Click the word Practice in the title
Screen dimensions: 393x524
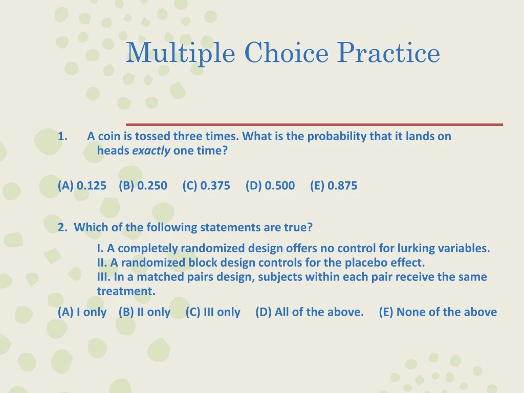pyautogui.click(x=388, y=53)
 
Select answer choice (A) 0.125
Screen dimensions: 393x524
pyautogui.click(x=82, y=186)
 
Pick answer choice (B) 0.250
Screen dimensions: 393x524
pyautogui.click(x=143, y=186)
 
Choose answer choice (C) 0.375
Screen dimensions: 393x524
pyautogui.click(x=206, y=186)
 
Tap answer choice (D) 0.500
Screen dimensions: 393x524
pyautogui.click(x=270, y=186)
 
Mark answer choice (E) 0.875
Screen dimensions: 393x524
pyautogui.click(x=334, y=186)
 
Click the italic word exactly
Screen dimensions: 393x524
pyautogui.click(x=151, y=151)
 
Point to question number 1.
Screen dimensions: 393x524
pyautogui.click(x=62, y=137)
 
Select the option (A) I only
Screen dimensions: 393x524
pyautogui.click(x=82, y=312)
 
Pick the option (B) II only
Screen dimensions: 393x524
pyautogui.click(x=144, y=312)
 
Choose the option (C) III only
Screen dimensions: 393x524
pyautogui.click(x=213, y=312)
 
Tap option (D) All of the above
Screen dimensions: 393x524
pyautogui.click(x=310, y=312)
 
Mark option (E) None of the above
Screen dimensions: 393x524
pyautogui.click(x=438, y=312)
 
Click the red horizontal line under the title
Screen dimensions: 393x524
pyautogui.click(x=314, y=124)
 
